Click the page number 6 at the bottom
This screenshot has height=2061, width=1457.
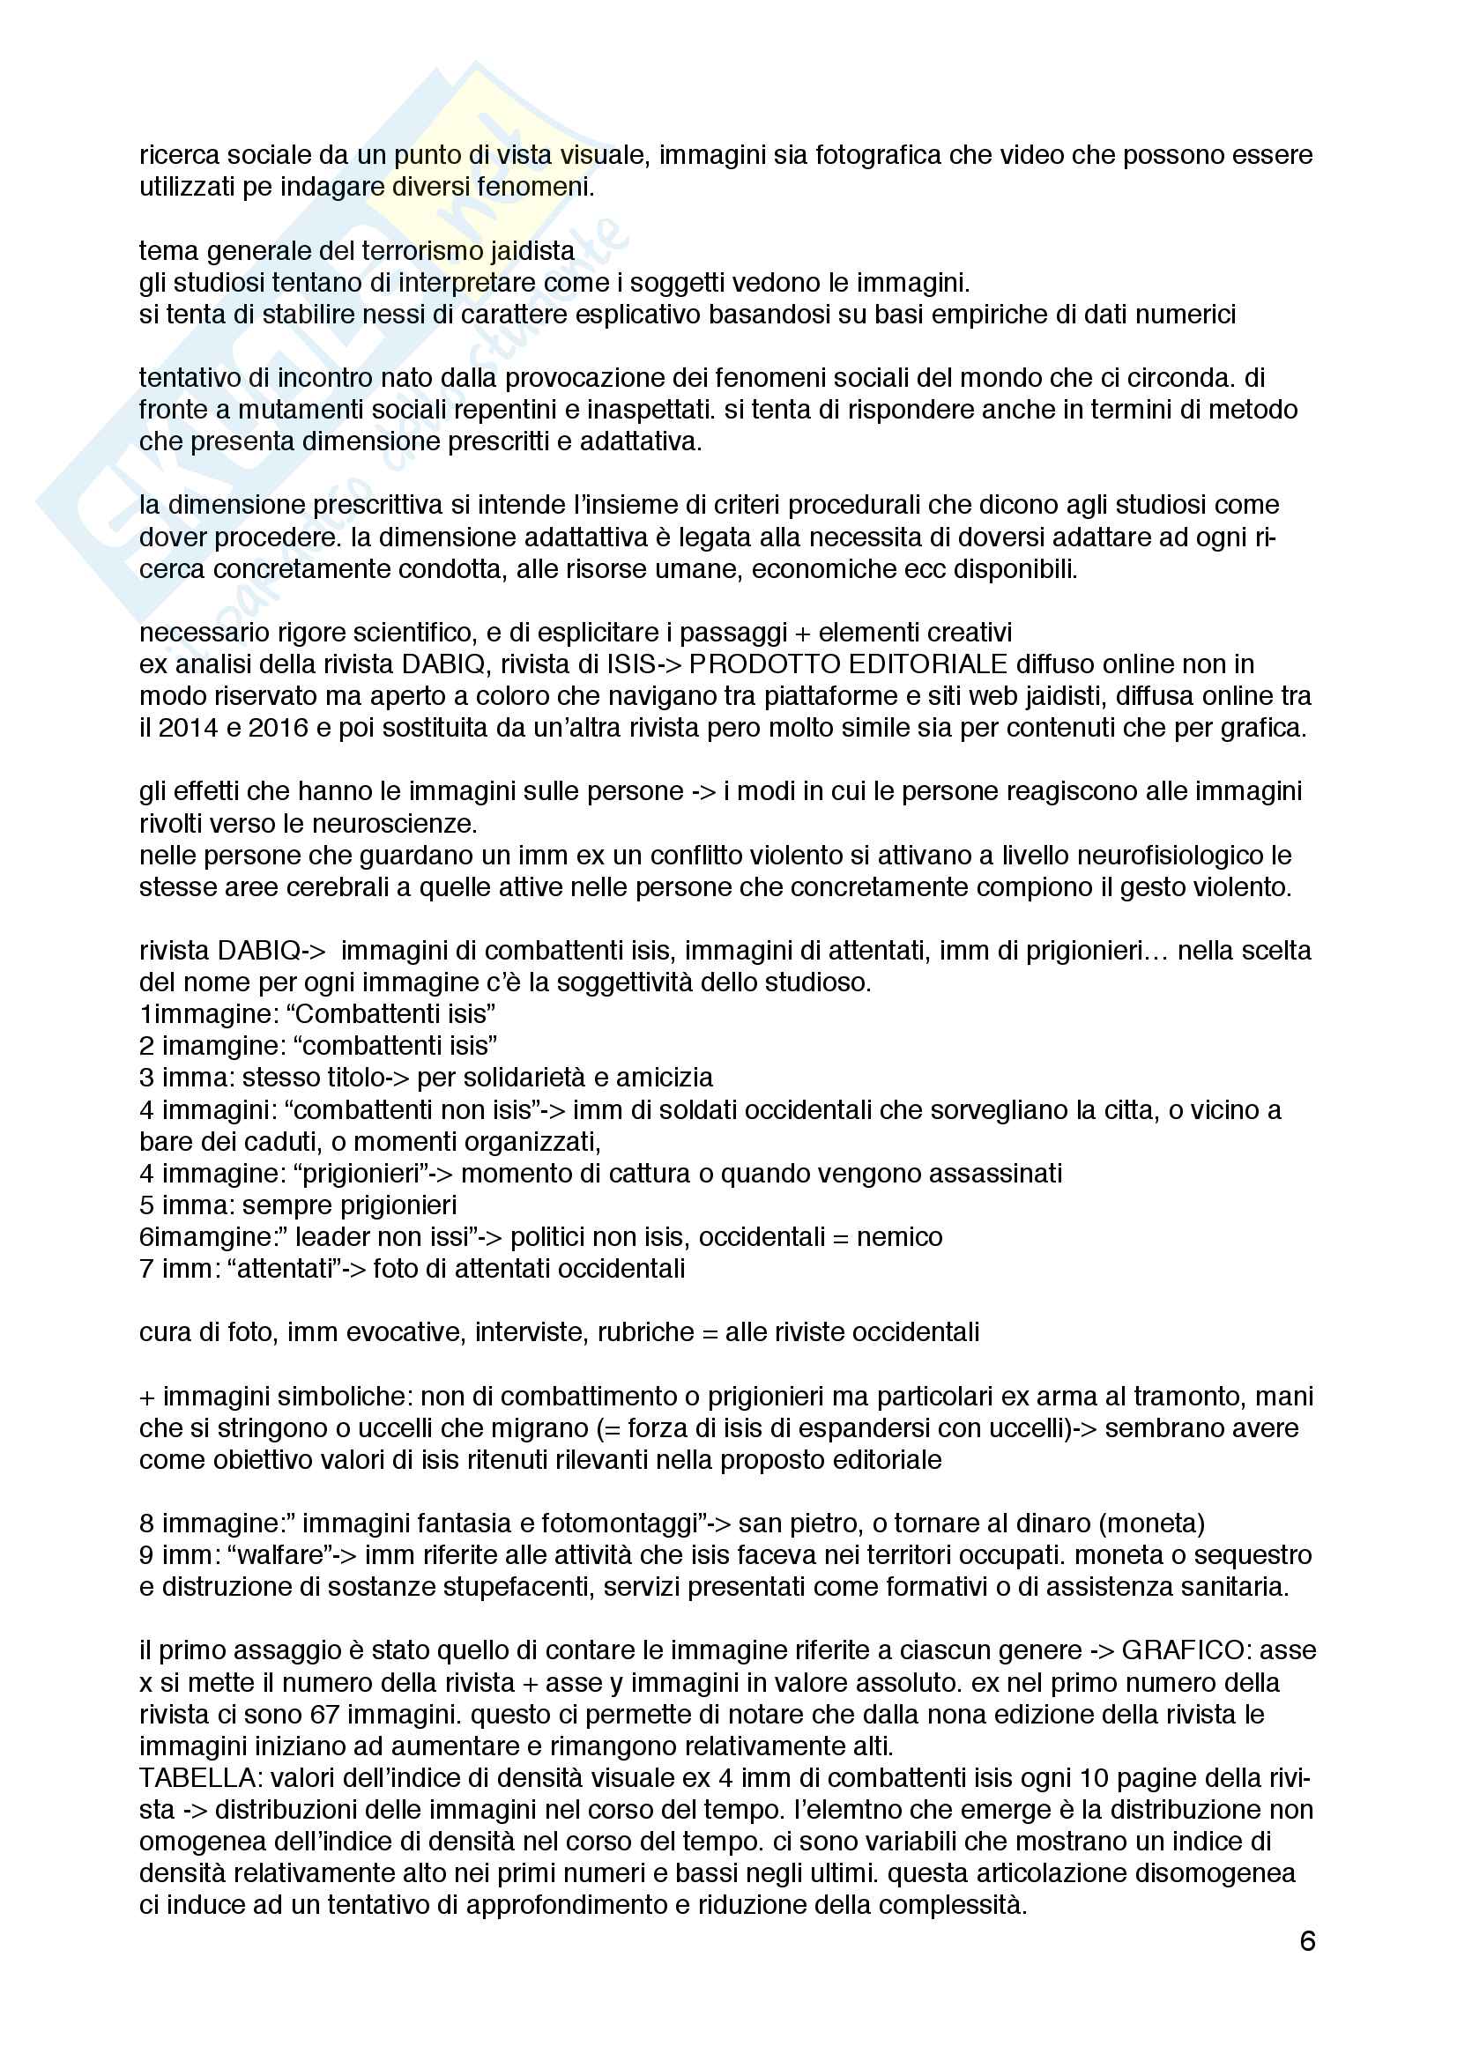[1307, 1942]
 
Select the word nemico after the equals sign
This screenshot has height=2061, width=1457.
[900, 1237]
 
